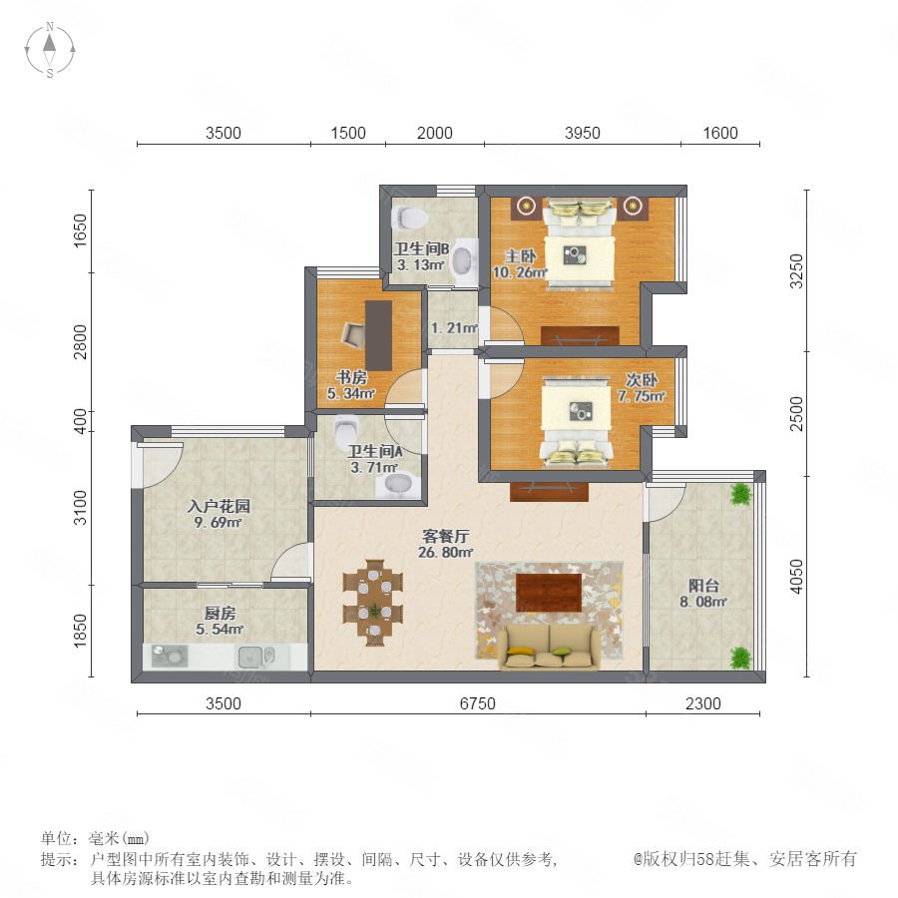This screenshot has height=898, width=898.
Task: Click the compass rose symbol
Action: (x=50, y=49)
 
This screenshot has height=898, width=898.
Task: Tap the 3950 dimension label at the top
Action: (x=582, y=133)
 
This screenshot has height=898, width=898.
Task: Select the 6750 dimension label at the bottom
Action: (x=477, y=703)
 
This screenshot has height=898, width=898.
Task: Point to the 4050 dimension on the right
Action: (x=796, y=576)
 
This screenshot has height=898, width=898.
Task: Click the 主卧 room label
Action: (x=520, y=256)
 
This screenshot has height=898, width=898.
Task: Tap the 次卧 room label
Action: (x=642, y=380)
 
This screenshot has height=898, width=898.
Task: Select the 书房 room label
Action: (x=351, y=377)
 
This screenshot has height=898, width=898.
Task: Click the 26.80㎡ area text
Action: (x=446, y=552)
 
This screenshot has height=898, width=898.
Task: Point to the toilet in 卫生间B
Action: (x=409, y=219)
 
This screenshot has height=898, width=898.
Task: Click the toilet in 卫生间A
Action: (x=347, y=427)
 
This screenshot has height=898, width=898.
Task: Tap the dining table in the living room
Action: (x=373, y=603)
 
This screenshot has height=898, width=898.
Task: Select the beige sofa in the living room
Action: (x=549, y=647)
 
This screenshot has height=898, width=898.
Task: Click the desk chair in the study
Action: (x=354, y=335)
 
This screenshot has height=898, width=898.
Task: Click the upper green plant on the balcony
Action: (x=740, y=494)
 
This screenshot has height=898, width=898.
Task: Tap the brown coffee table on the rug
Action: (x=549, y=592)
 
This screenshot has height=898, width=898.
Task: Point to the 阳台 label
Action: (x=703, y=586)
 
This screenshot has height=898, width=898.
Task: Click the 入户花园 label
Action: (x=219, y=506)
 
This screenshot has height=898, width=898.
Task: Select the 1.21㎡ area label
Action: (x=454, y=328)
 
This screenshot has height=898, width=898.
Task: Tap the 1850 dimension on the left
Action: (x=80, y=631)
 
